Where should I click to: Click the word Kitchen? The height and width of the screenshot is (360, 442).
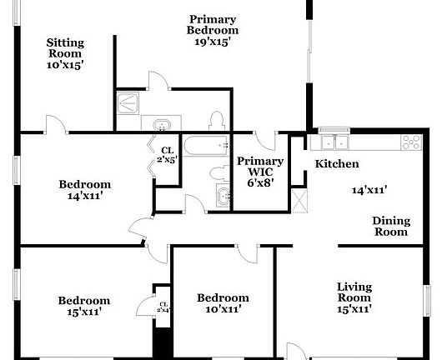(337, 164)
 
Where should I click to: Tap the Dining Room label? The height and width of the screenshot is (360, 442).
(391, 226)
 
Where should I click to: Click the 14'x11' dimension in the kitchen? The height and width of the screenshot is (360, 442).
(369, 190)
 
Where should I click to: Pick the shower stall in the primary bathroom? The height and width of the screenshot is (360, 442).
(129, 103)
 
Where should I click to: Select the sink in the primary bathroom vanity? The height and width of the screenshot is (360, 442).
(161, 125)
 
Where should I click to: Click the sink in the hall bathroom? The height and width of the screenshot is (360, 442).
(223, 197)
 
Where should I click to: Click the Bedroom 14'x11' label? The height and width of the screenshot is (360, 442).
(84, 191)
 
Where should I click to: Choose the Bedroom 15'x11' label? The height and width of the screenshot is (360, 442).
(83, 306)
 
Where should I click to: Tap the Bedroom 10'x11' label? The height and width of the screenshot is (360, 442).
(223, 303)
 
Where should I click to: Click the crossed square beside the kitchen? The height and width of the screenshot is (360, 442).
(300, 198)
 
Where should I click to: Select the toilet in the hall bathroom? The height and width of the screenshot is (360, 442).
(218, 172)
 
